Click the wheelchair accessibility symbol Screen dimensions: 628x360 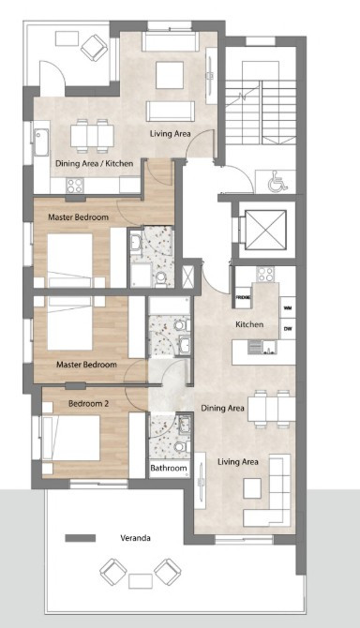pos(276,183)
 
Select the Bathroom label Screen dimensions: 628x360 pos(169,469)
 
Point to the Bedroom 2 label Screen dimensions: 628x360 pos(89,404)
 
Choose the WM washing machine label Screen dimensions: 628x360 pos(287,307)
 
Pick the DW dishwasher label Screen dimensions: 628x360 pos(287,328)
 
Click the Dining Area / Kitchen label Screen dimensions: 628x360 pos(94,163)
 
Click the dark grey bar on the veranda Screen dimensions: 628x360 pos(82,538)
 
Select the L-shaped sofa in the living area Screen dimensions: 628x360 pos(271,491)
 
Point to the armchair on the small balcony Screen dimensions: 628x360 pos(94,44)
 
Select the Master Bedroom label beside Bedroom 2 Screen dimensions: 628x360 pos(85,365)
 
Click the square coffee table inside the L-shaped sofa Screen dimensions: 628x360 pos(252,486)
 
